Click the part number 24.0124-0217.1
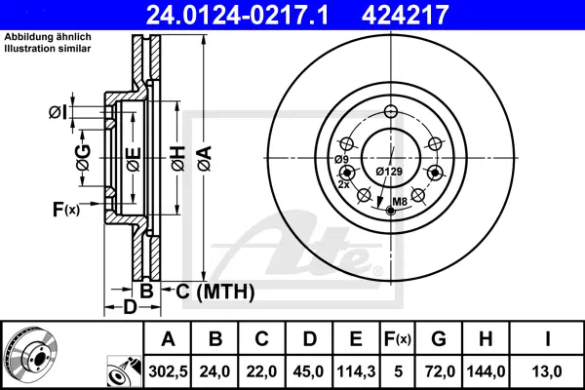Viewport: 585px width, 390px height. (237, 15)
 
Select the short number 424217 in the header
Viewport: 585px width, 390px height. (405, 15)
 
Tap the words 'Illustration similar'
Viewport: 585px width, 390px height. (48, 49)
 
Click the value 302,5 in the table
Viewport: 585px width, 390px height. (168, 371)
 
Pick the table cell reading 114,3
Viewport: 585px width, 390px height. (356, 371)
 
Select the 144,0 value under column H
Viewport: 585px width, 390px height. (486, 371)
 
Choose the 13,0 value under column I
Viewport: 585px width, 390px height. (548, 371)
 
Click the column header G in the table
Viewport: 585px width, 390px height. (439, 339)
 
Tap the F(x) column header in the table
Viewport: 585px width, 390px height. (398, 339)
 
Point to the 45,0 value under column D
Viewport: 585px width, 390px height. (308, 371)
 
